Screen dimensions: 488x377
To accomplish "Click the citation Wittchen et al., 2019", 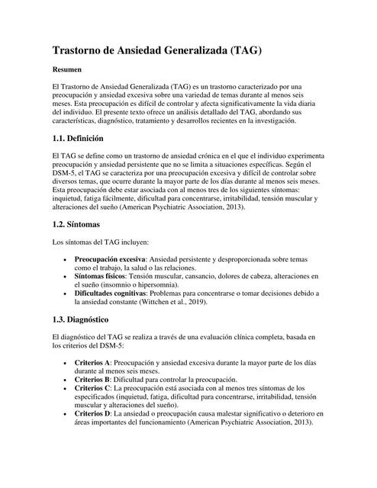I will [x=169, y=302].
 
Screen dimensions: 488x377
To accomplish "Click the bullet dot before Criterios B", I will [x=63, y=379].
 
